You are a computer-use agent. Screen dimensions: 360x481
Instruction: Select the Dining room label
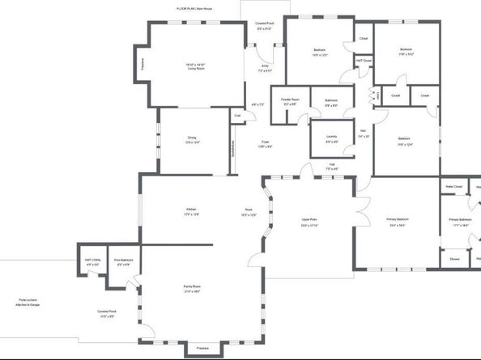[191, 139]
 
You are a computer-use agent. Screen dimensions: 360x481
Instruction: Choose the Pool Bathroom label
[124, 261]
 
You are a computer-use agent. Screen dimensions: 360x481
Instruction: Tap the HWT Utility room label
[92, 261]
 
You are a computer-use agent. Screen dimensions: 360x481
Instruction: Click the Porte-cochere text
[28, 302]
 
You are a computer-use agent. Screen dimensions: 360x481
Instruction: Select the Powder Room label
[290, 101]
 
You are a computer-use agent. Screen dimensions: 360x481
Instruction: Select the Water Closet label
[453, 186]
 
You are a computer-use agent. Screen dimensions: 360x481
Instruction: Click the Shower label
[454, 259]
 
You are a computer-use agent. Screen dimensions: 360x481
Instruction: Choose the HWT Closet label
[364, 60]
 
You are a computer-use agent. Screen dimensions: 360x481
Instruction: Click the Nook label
[249, 212]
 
